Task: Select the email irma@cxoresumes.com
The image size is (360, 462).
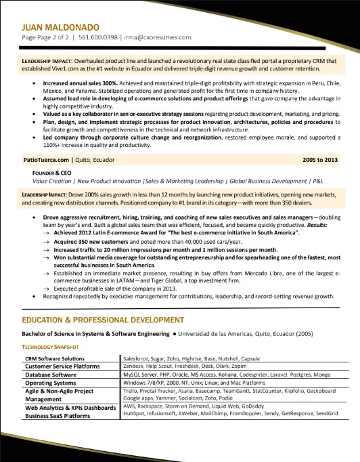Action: click(158, 37)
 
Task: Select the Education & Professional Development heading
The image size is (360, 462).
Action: click(104, 319)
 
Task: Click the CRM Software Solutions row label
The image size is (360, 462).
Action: click(54, 358)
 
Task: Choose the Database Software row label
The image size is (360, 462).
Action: click(51, 374)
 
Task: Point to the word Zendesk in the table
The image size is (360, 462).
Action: click(135, 366)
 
